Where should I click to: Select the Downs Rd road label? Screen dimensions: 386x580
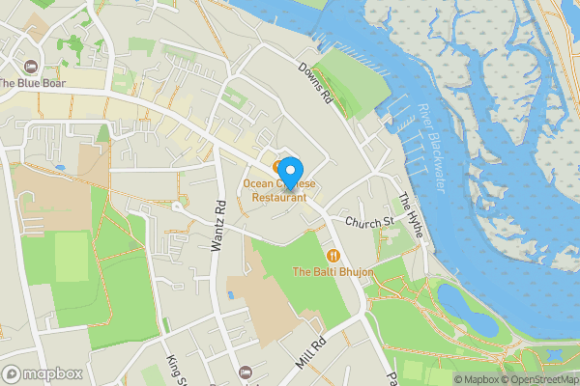coord(315,84)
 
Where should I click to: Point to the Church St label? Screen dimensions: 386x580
coord(369,222)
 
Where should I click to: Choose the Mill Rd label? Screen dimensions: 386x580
coord(313,355)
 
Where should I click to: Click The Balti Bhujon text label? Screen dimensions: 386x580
coord(333,273)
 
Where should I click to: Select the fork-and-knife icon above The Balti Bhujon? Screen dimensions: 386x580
coord(333,256)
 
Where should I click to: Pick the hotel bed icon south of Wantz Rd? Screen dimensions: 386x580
coord(245,372)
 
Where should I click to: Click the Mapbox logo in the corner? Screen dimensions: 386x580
coord(42,374)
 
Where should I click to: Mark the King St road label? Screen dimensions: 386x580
coord(174,367)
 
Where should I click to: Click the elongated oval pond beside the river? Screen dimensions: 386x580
coord(468,306)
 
